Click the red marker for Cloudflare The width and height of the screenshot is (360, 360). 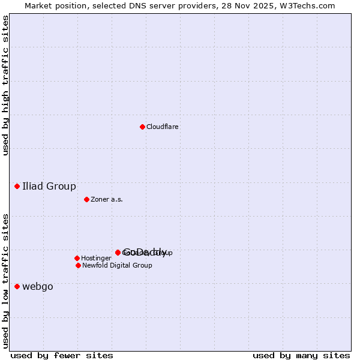[142, 127]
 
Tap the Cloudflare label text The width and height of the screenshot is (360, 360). [162, 127]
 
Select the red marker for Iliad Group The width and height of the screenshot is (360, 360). [17, 186]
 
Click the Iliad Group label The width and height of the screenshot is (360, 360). [49, 187]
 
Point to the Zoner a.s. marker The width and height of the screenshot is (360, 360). [86, 199]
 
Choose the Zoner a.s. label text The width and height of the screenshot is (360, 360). [107, 200]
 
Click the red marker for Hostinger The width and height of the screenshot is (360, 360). [77, 258]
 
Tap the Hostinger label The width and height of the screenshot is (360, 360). [96, 259]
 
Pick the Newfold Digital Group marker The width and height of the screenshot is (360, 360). [78, 265]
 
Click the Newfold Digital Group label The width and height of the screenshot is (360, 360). [117, 266]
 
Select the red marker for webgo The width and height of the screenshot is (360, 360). [17, 286]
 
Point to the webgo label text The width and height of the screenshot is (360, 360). [38, 287]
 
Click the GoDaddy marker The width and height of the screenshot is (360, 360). [118, 252]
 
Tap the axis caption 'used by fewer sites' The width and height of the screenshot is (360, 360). [62, 355]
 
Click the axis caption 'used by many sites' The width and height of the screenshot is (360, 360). [301, 355]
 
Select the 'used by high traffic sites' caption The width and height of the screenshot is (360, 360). [5, 85]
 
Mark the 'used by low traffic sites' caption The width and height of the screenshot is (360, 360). [5, 280]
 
